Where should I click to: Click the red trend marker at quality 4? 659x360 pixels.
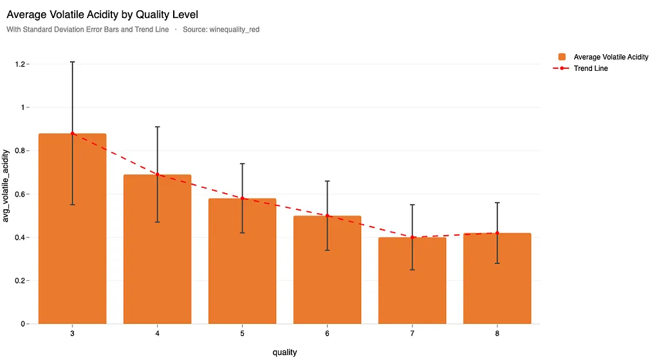pos(157,175)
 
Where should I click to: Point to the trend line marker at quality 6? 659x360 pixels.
pos(327,216)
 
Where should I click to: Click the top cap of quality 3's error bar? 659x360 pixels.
pos(72,62)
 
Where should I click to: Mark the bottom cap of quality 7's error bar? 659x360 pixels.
pos(412,270)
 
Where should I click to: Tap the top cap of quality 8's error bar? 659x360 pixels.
pos(497,203)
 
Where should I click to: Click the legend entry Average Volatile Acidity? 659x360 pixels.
pos(611,57)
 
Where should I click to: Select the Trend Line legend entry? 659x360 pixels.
pos(591,68)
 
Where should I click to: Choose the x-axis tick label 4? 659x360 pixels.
pos(157,334)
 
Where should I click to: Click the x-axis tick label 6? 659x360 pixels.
pos(327,334)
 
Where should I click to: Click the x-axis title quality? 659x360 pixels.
pos(284,352)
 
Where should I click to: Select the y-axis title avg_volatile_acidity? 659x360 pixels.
pos(7,185)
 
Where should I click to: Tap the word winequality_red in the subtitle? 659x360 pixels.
pos(234,30)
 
